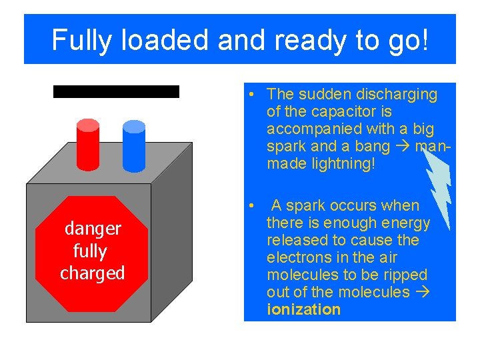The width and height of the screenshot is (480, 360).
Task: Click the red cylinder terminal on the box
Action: (88, 145)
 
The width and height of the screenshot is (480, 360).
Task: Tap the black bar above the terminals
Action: (116, 91)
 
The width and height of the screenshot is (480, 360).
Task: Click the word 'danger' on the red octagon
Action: (93, 229)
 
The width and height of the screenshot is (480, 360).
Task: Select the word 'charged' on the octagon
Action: (93, 273)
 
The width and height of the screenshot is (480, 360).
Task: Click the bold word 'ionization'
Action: (303, 309)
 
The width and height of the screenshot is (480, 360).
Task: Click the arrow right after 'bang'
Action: (404, 146)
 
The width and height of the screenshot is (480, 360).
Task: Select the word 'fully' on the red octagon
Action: (89, 251)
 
